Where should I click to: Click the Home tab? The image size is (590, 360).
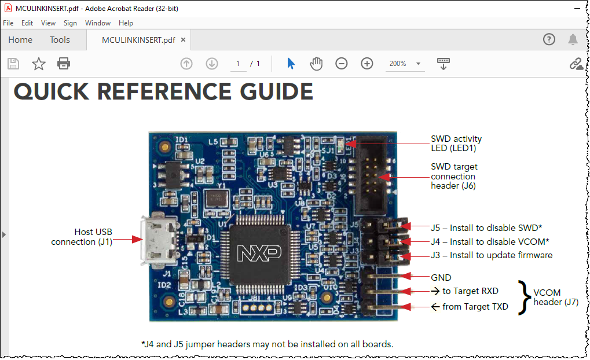point(20,40)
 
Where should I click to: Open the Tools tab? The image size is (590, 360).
point(60,40)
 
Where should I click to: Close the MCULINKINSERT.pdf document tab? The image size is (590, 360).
point(184,40)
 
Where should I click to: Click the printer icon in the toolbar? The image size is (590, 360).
point(64,64)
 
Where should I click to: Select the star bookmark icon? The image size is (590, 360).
point(39,64)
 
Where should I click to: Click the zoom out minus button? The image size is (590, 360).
point(342,64)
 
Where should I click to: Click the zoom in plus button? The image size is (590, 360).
point(367,64)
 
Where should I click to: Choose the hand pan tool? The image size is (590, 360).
point(316,64)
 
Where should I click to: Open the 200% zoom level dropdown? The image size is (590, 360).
point(418,64)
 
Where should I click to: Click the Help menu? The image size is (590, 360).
point(126,23)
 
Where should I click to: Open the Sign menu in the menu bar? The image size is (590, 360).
point(70,23)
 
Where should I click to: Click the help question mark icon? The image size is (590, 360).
point(549,39)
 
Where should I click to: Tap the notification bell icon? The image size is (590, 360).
point(573,39)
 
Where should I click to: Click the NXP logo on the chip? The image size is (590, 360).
point(259,252)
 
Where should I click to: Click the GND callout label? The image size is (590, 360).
point(441,278)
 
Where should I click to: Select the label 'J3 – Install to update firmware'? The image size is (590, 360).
point(492,255)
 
